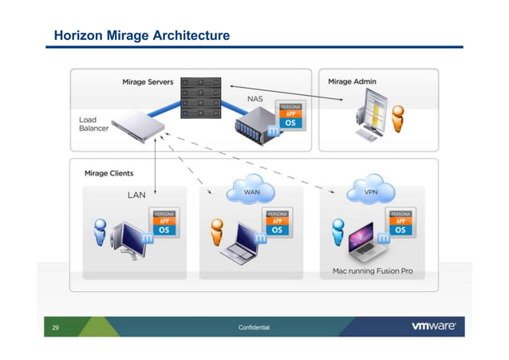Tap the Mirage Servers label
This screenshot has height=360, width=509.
click(148, 81)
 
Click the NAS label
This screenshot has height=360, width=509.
click(255, 99)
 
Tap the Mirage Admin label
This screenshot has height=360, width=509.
click(352, 81)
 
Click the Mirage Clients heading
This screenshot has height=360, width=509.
click(109, 172)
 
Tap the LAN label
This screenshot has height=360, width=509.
click(137, 194)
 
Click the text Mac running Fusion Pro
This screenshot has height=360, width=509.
click(373, 271)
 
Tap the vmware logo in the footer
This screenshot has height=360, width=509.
click(433, 326)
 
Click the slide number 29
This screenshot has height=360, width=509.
click(56, 327)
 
